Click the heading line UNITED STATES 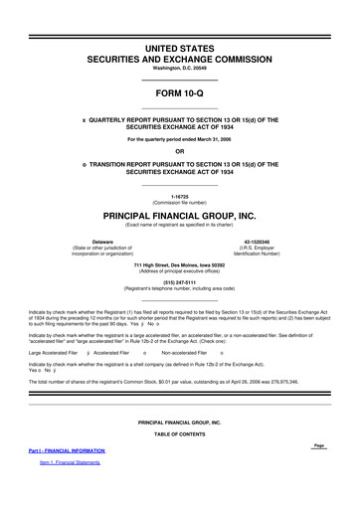click(x=180, y=47)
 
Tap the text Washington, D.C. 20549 click(x=180, y=68)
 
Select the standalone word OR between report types click(x=180, y=151)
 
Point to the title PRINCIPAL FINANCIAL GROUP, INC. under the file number click(x=180, y=215)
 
